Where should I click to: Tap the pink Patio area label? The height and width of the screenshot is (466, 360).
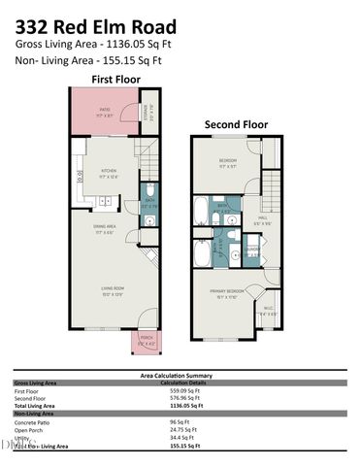[105, 112]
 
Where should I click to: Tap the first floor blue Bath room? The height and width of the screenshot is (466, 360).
[149, 205]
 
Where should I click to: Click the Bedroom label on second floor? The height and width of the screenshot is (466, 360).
[227, 161]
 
